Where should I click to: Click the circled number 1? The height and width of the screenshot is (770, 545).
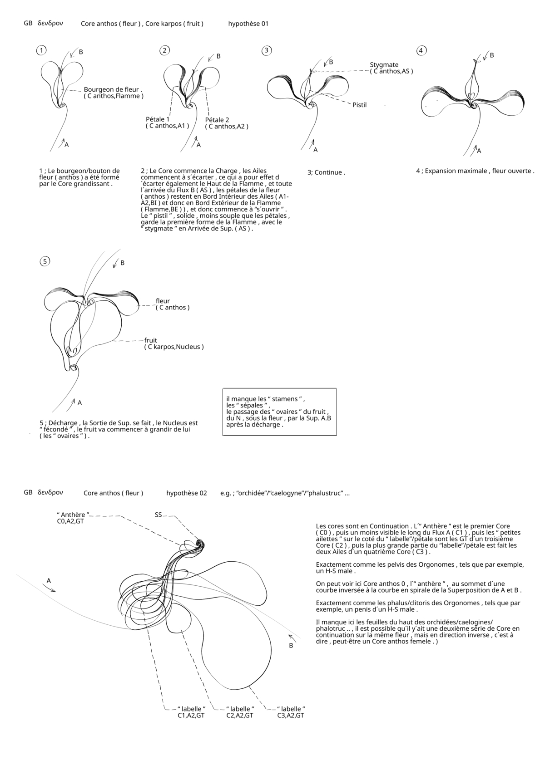(41, 50)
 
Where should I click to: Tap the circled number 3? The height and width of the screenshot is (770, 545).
(267, 50)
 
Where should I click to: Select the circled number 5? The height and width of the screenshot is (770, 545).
(45, 261)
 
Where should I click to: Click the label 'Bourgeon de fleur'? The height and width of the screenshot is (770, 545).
(113, 89)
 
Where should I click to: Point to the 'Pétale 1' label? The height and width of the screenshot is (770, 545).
(158, 119)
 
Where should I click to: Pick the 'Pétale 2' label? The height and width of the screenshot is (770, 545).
(217, 120)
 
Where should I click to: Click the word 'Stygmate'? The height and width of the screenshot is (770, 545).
(384, 65)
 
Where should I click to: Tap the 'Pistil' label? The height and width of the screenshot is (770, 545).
(359, 105)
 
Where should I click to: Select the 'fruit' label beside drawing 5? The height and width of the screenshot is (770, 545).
(151, 340)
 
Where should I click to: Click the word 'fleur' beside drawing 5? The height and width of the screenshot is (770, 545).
(163, 301)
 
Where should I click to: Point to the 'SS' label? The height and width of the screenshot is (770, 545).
(158, 515)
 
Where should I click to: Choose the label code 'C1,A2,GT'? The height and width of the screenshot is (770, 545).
(191, 716)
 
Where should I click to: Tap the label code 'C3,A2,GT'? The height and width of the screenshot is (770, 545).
(291, 716)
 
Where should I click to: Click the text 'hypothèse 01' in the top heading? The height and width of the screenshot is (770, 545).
(248, 24)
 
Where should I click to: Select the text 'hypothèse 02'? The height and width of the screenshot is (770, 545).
(187, 493)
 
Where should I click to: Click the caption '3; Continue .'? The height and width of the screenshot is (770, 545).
(326, 172)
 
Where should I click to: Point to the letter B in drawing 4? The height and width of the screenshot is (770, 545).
(491, 55)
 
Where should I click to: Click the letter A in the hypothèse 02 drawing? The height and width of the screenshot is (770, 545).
(49, 581)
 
